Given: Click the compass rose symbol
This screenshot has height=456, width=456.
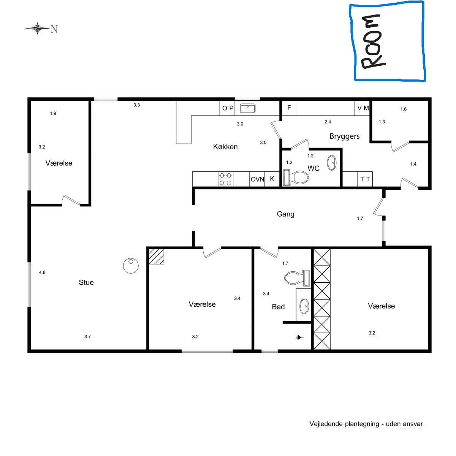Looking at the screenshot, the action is pyautogui.click(x=37, y=28).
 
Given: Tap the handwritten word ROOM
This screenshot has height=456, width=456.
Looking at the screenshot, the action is pyautogui.click(x=372, y=42).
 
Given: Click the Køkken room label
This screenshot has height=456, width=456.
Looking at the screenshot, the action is pyautogui.click(x=225, y=147).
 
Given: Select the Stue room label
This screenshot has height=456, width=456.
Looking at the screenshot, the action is pyautogui.click(x=86, y=282).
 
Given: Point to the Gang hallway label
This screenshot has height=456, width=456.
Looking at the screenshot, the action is pyautogui.click(x=285, y=214).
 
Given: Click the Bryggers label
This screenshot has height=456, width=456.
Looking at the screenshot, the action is pyautogui.click(x=344, y=136).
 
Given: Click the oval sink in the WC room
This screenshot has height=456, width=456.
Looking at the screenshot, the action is pyautogui.click(x=331, y=163).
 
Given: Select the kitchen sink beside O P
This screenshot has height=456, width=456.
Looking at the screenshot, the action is pyautogui.click(x=247, y=108).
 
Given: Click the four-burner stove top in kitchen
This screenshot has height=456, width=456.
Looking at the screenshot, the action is pyautogui.click(x=225, y=179).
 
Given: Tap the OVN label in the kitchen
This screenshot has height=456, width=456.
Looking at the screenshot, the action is pyautogui.click(x=257, y=179).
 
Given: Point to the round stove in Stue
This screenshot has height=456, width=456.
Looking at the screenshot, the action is pyautogui.click(x=131, y=266).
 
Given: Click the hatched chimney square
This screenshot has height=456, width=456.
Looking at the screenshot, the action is pyautogui.click(x=157, y=256).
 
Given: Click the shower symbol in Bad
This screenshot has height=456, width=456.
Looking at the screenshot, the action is pyautogui.click(x=300, y=337).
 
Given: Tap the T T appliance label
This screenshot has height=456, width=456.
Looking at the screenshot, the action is pyautogui.click(x=365, y=179).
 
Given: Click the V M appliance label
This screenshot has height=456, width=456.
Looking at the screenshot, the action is pyautogui.click(x=363, y=108).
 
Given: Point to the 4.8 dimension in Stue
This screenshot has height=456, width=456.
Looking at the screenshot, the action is pyautogui.click(x=42, y=272).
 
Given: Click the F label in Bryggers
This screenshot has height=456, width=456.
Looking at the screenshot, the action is pyautogui.click(x=289, y=108).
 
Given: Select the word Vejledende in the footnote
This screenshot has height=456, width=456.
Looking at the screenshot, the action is pyautogui.click(x=326, y=424).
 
